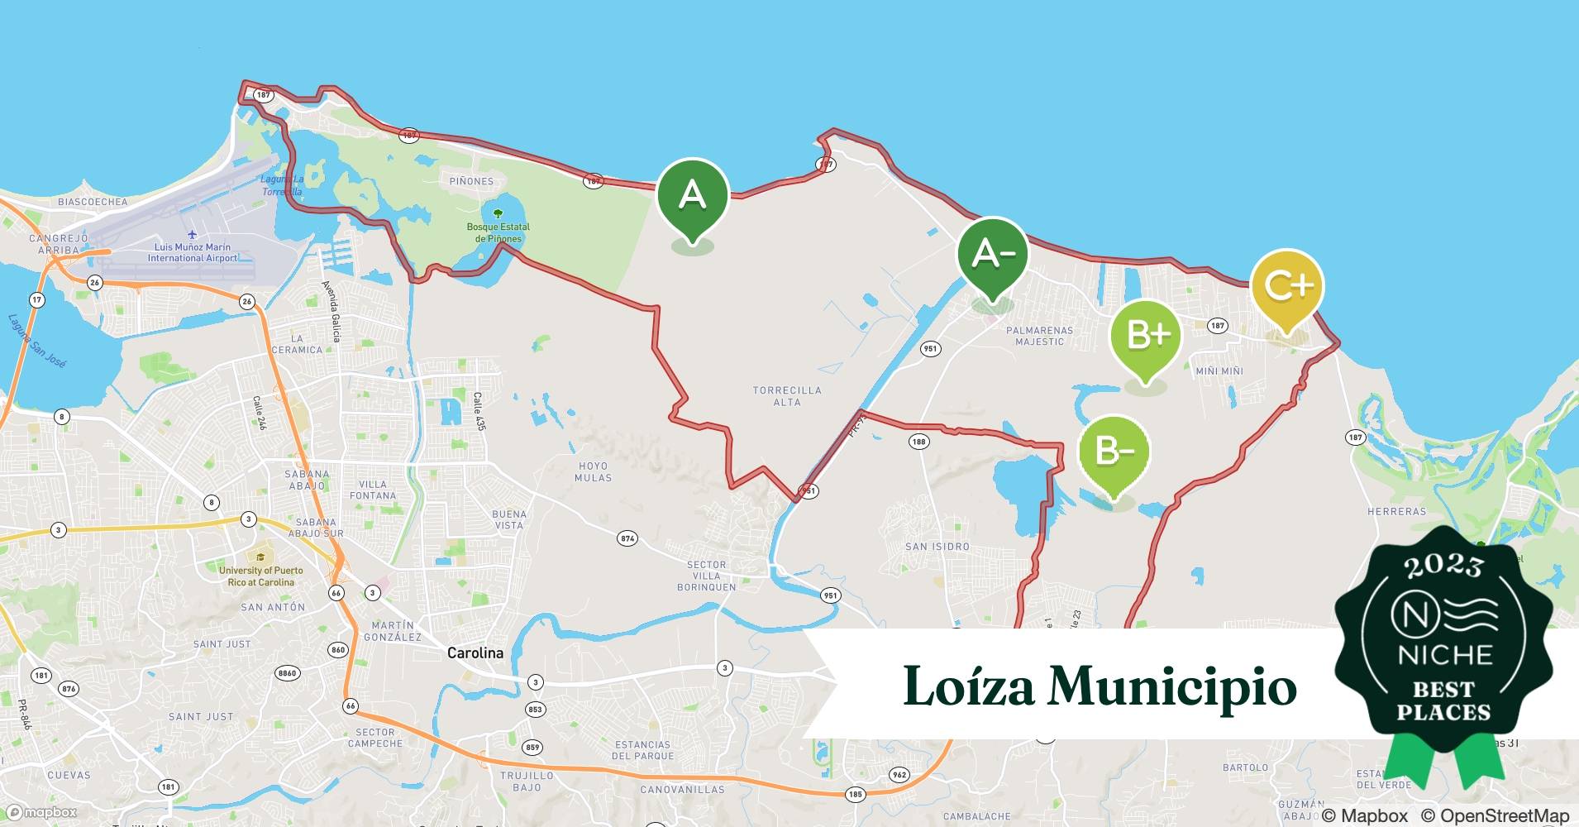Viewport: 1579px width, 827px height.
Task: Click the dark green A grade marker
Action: coord(693,197)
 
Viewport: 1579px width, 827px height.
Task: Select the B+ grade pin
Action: coord(1145,336)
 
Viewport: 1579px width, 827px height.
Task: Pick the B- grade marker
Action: coord(1114,452)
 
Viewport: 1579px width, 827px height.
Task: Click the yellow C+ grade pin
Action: coord(1287,286)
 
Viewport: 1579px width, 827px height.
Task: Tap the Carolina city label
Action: coord(475,653)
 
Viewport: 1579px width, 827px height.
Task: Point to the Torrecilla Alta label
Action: coord(787,396)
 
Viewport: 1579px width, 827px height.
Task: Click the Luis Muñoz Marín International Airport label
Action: coord(193,252)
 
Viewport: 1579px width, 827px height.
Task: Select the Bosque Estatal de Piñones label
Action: coord(499,232)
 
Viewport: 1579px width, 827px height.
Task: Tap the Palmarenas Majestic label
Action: coord(1039,336)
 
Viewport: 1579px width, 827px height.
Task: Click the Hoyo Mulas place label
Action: coord(594,471)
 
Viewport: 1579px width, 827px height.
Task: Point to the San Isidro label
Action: coord(937,547)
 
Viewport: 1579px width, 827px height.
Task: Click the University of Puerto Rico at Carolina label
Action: coord(260,576)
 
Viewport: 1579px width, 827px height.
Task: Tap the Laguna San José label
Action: coord(37,340)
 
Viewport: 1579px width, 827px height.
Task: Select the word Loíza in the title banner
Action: coord(968,686)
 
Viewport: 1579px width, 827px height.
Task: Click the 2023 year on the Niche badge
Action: coord(1443,566)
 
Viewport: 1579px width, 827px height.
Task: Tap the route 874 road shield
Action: coord(627,539)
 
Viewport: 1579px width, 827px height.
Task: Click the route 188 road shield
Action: coord(918,442)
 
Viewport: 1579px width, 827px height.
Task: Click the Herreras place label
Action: coord(1396,512)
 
